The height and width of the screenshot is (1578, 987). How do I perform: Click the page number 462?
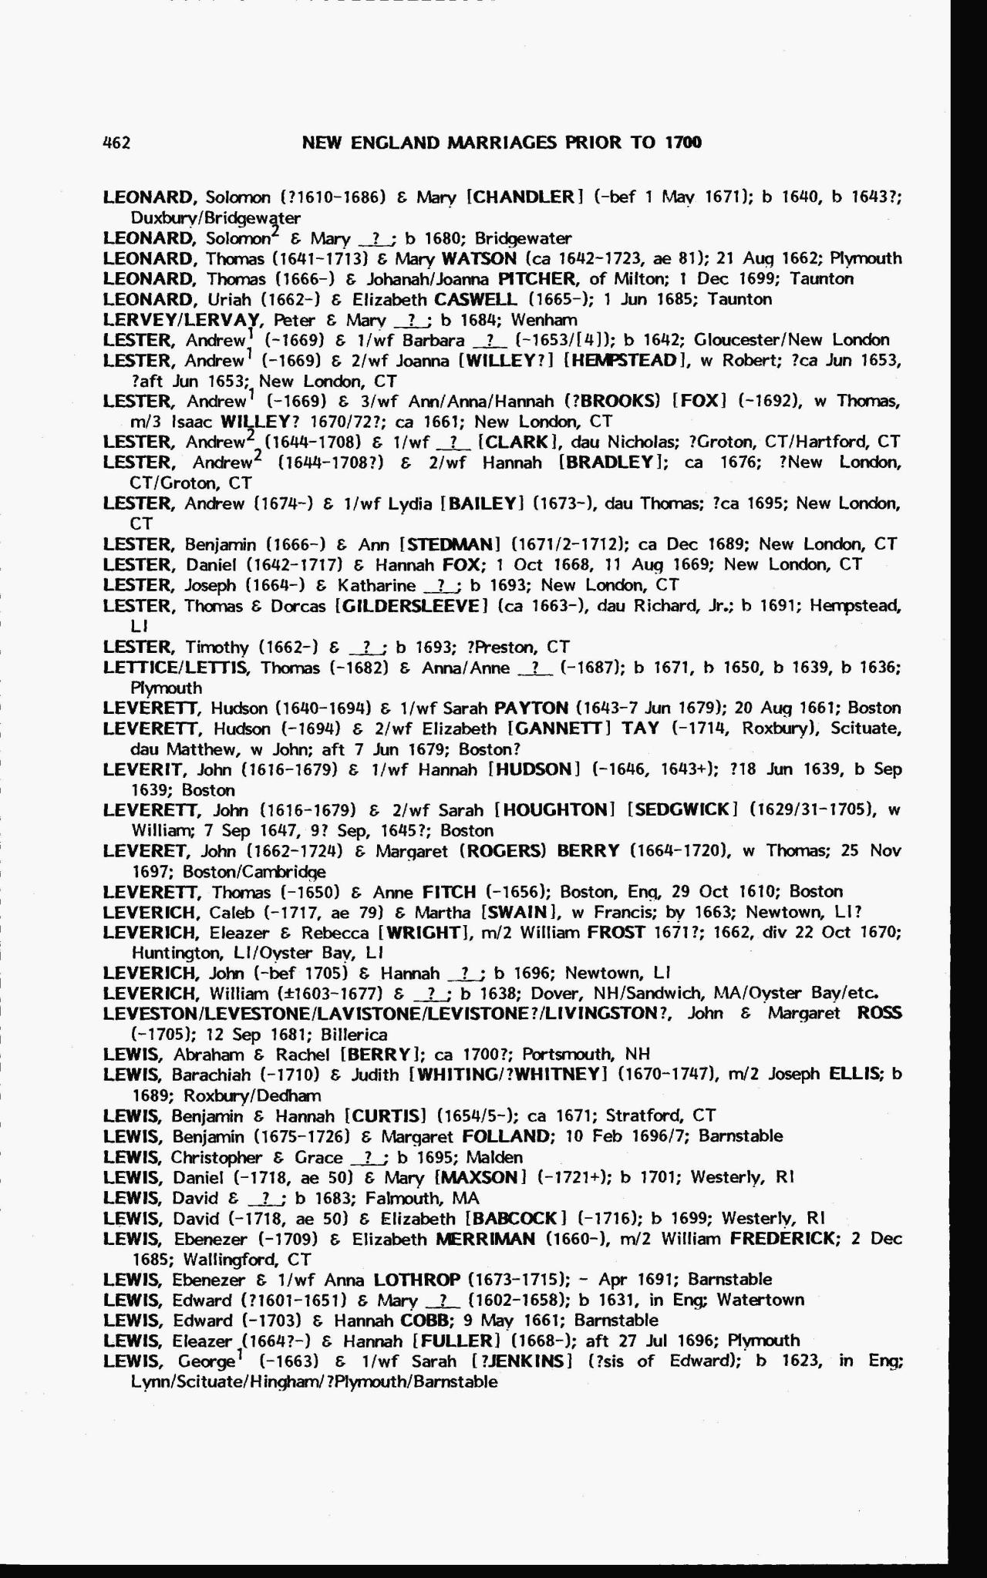(116, 143)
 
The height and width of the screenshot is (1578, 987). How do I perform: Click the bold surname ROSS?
(879, 1013)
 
